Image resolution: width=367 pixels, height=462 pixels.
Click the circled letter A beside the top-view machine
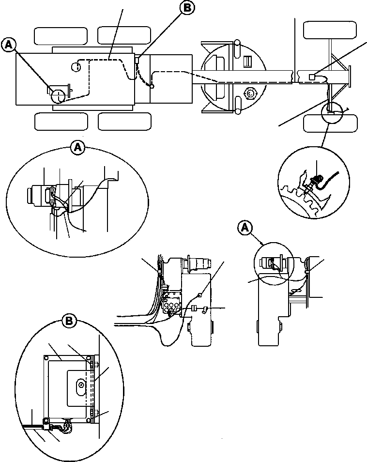(x=8, y=45)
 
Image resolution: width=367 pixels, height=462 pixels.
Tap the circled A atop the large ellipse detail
(x=77, y=147)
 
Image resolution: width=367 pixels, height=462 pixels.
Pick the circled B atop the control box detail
(x=69, y=320)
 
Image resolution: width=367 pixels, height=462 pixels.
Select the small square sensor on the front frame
(x=312, y=76)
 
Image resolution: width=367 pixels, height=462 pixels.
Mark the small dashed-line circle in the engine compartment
(x=75, y=67)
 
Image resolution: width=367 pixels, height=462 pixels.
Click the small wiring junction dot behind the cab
(x=152, y=87)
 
